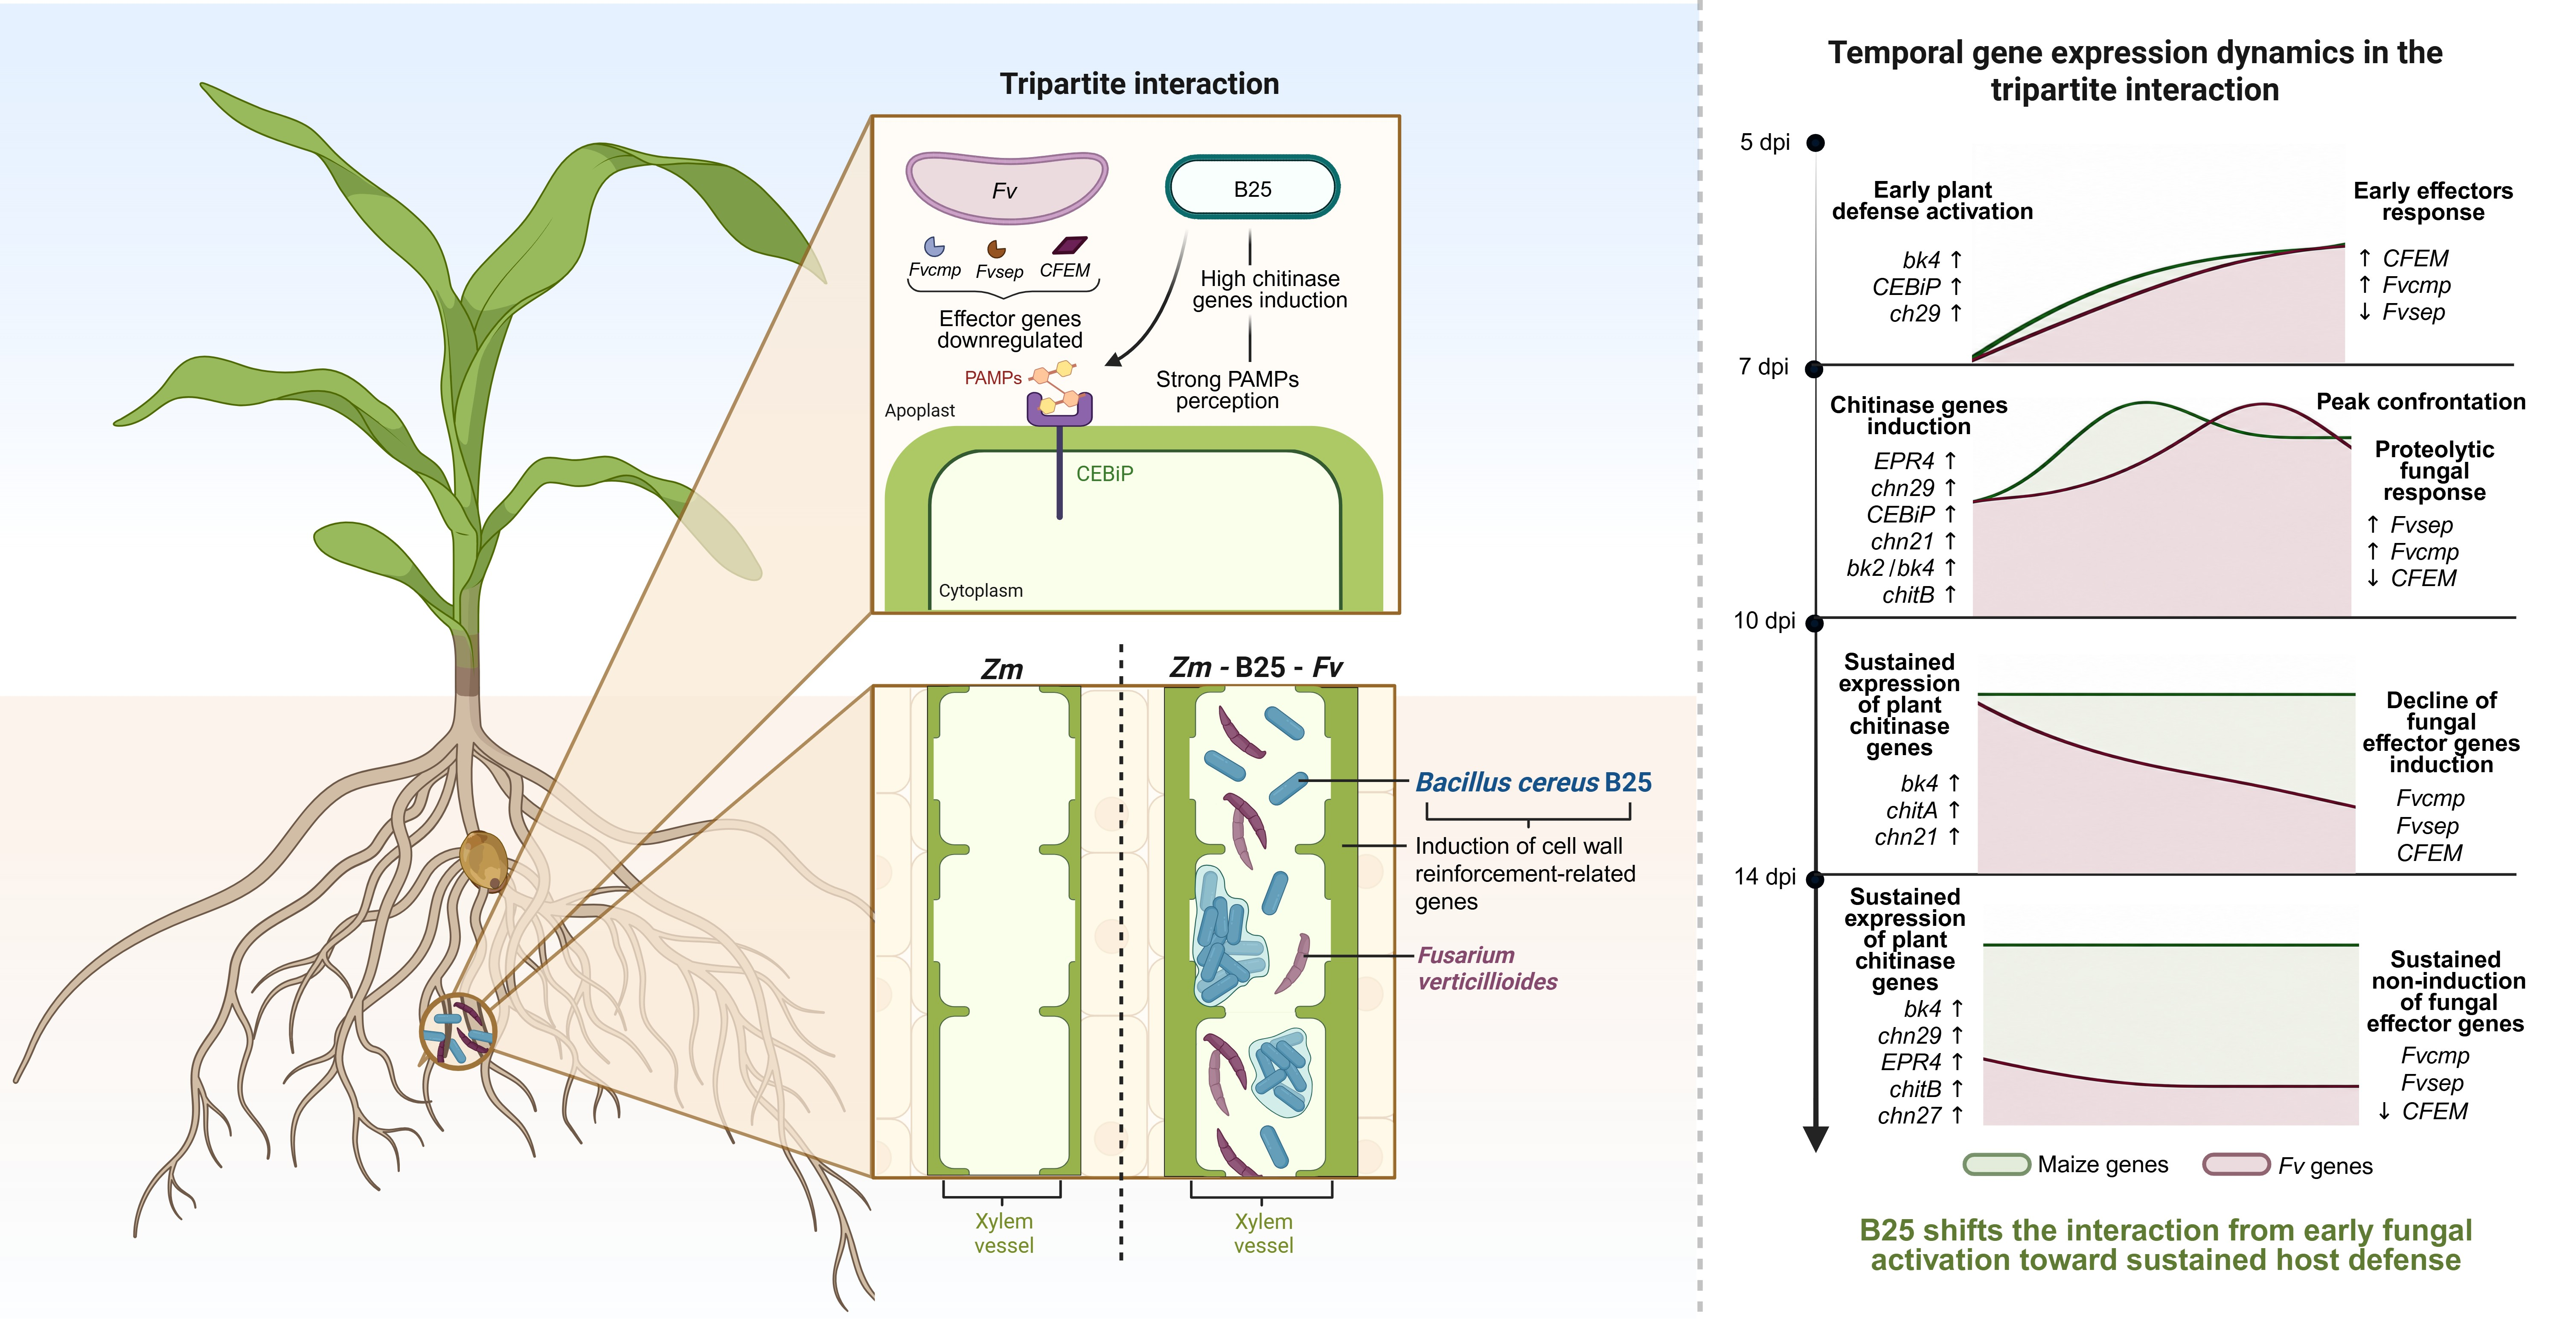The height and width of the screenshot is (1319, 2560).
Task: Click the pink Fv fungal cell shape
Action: coord(1006,187)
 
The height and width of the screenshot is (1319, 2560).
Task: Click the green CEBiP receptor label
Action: coord(1104,474)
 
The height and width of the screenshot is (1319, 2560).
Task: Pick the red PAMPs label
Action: coord(993,378)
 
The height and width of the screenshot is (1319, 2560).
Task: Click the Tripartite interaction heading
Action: coord(1139,84)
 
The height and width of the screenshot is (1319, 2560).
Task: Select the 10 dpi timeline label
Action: coord(1764,621)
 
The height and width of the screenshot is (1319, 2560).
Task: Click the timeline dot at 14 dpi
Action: coord(1815,878)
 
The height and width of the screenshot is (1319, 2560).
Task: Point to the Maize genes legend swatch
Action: coord(1996,1164)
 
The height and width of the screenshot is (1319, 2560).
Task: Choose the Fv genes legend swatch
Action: coord(2236,1164)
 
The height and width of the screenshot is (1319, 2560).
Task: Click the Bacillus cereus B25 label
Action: coord(1533,782)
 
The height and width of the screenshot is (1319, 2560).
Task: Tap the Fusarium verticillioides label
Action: coord(1487,968)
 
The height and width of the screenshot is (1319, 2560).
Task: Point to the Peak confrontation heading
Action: coord(2421,402)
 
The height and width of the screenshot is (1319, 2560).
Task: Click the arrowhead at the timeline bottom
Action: coord(1815,1139)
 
